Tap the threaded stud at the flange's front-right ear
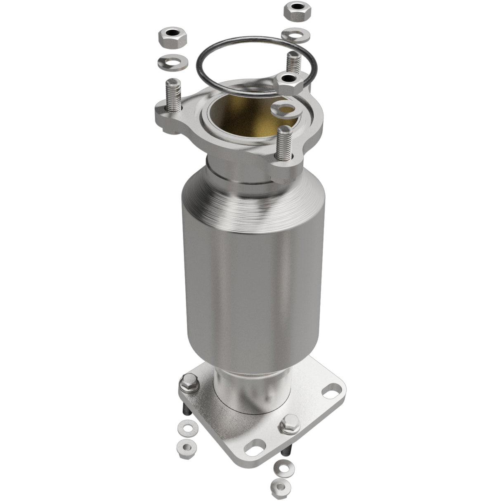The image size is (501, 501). click(x=284, y=143)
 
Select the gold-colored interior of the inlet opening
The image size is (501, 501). click(x=243, y=118)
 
